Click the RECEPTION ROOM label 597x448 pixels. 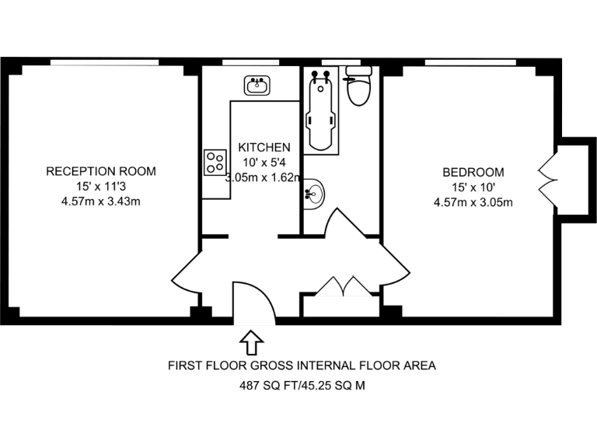coord(101,171)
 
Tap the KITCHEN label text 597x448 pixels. coord(264,147)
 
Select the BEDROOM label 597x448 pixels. coord(473,172)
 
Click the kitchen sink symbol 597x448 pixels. coord(257,85)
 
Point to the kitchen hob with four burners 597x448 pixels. coord(215,162)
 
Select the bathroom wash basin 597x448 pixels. coord(313,192)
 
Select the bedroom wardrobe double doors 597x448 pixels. coord(547,179)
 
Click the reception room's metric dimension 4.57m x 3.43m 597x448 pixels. coord(101,201)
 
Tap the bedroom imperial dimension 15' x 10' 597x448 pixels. coord(473,187)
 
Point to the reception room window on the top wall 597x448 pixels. coord(105,62)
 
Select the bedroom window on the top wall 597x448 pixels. coord(470,62)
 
